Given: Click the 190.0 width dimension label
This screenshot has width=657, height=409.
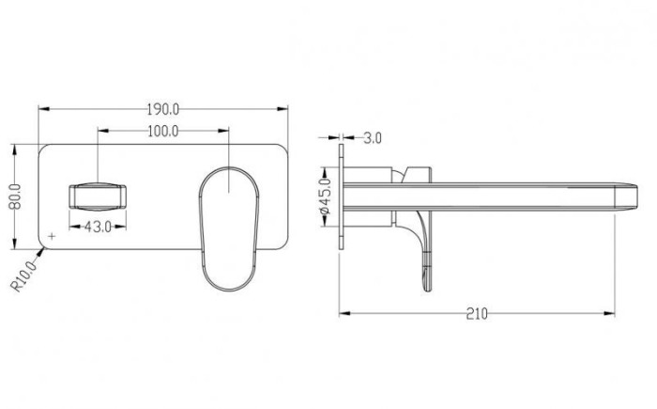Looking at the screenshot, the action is coord(163,110).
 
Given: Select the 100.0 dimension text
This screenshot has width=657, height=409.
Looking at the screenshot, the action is coord(163,132).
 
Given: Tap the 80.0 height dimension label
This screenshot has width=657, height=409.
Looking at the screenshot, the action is coord(15,197).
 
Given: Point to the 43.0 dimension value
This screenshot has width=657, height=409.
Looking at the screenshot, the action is coord(98,228).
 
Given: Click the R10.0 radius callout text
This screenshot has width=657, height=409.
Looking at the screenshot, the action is coord(23,275).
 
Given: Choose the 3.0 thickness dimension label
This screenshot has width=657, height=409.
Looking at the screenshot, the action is coord(373,137).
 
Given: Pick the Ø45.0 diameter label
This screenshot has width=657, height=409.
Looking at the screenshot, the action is coord(326,197).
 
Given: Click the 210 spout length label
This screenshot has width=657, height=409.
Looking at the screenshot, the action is coord(477,314).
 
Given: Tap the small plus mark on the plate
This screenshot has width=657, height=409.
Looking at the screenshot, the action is coord(52,236).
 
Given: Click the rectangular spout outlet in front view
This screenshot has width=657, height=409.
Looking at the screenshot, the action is coord(98,197).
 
